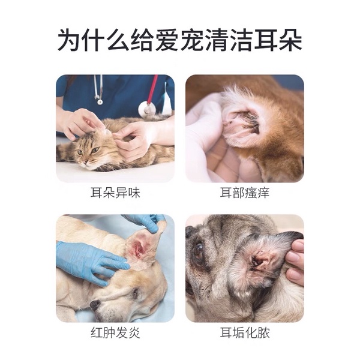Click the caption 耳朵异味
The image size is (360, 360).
(115, 193)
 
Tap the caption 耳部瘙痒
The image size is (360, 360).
(245, 193)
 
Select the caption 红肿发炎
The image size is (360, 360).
(115, 332)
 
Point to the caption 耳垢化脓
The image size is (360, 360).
(245, 332)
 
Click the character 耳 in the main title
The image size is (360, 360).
(265, 40)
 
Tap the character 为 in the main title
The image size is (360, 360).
(69, 40)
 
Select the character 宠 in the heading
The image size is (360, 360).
(191, 40)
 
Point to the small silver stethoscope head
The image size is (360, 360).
(100, 101)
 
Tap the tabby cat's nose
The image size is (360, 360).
(85, 162)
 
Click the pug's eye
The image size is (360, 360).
(199, 251)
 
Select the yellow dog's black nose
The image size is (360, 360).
(95, 304)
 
